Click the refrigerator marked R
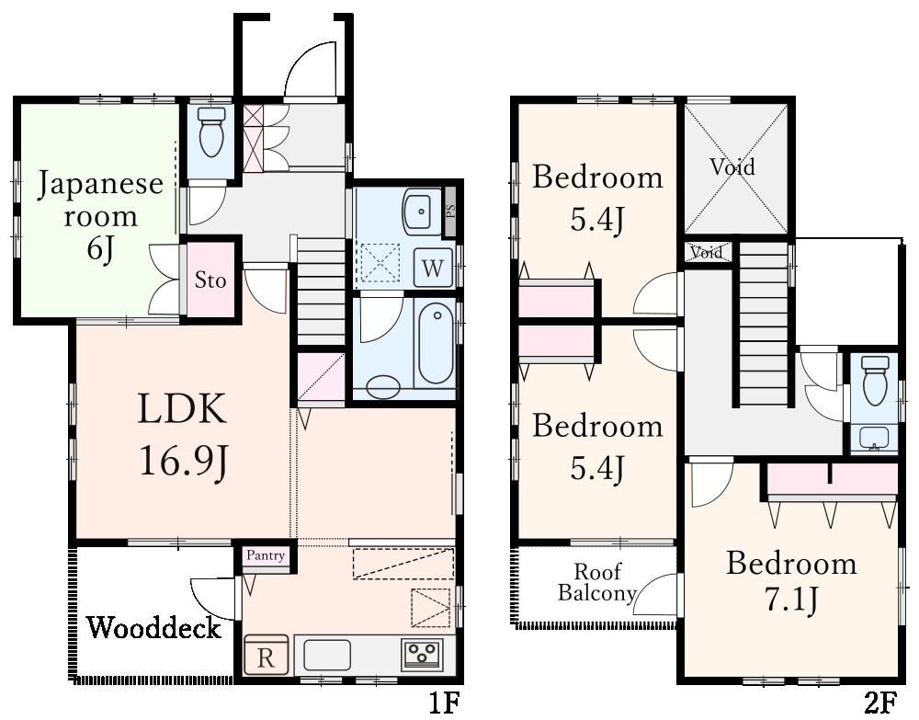(x=267, y=655)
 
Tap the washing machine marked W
(x=433, y=268)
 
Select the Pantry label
(x=266, y=555)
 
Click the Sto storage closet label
(x=210, y=280)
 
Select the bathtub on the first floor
(x=436, y=347)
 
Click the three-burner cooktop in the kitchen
(x=422, y=653)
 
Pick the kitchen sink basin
(x=326, y=655)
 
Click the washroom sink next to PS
(x=422, y=211)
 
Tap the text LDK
(x=182, y=409)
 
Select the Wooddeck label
(x=154, y=629)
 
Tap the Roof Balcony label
(x=597, y=582)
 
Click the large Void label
(x=732, y=167)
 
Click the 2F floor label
(x=880, y=703)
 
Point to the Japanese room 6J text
(x=100, y=215)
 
